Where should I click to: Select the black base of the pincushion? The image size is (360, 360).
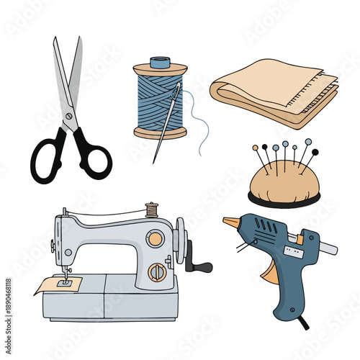[x=284, y=199]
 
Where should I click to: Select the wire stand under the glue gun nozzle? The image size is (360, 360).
[x=244, y=248]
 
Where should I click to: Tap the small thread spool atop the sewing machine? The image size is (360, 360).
[x=151, y=210]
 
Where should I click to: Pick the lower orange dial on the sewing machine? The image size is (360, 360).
[x=157, y=271]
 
